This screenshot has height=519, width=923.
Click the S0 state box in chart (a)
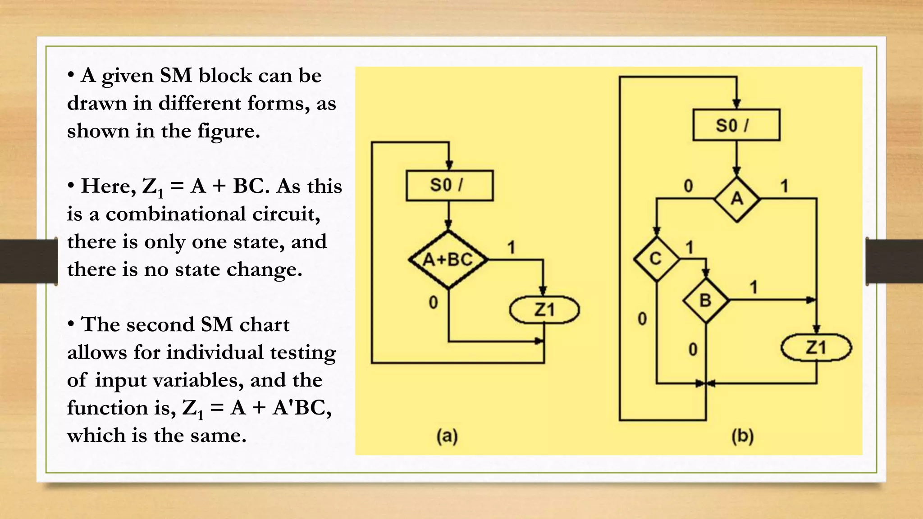click(x=449, y=185)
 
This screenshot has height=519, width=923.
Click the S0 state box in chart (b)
click(x=736, y=125)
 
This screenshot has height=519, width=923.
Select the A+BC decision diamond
click(x=448, y=259)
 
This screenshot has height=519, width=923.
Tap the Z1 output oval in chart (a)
click(x=544, y=310)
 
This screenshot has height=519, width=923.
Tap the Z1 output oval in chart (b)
click(x=816, y=347)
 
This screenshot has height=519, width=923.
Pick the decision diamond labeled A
click(x=736, y=198)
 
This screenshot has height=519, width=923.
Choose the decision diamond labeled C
click(x=656, y=259)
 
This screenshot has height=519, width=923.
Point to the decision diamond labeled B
click(x=705, y=300)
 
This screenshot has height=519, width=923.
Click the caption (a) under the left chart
click(x=447, y=436)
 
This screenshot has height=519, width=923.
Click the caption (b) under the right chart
click(x=742, y=436)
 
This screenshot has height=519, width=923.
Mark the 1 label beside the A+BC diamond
click(x=511, y=247)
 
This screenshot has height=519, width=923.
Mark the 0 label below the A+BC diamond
click(x=433, y=302)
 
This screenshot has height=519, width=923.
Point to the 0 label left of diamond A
click(x=688, y=186)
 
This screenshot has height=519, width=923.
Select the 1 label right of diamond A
click(x=784, y=186)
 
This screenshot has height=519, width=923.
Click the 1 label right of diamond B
click(x=754, y=287)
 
